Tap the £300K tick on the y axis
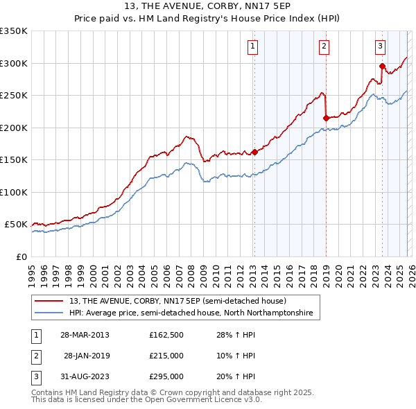click(x=14, y=63)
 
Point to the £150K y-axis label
click(x=14, y=159)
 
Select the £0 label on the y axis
click(x=21, y=256)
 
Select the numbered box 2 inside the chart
click(x=324, y=46)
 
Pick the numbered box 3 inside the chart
click(x=381, y=46)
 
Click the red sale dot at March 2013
click(x=254, y=152)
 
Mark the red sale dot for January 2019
click(x=326, y=118)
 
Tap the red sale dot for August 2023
click(x=382, y=67)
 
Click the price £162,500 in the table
click(x=166, y=335)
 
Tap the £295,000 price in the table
click(x=166, y=376)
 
